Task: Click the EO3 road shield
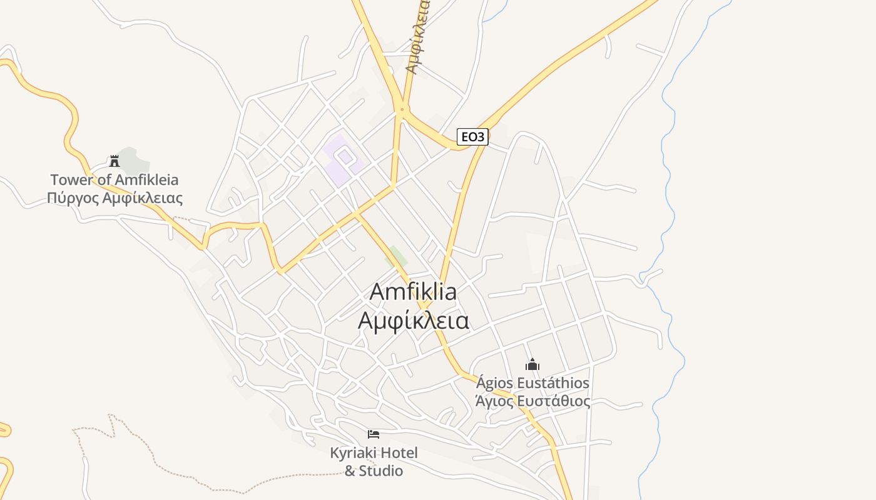coord(472,137)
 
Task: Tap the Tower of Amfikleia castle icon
coord(114,161)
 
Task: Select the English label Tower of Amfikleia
coord(114,180)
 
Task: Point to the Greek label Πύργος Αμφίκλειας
coord(115,199)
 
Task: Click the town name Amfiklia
coord(413,292)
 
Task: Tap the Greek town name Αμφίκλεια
coord(413,320)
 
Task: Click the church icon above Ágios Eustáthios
coord(532,364)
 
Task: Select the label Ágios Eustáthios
coord(532,382)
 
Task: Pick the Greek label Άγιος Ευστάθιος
coord(532,401)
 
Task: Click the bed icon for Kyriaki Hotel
coord(374,434)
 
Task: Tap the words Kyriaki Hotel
coord(374,452)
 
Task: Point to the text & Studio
coord(374,471)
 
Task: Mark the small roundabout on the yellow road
coord(402,110)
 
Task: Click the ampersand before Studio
coord(350,471)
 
